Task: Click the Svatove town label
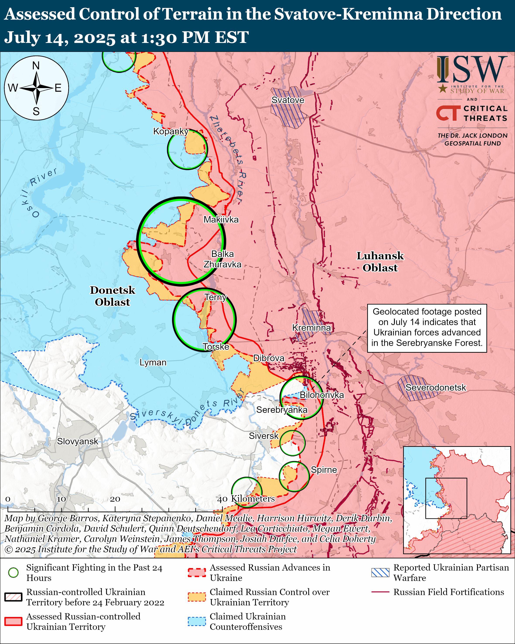pos(288,100)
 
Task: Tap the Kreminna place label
pos(311,328)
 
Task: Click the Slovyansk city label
pos(77,441)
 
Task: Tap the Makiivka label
pos(221,220)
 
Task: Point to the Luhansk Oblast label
pos(380,262)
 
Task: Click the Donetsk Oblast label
pos(112,296)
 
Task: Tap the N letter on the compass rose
pos(36,65)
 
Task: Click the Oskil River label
pos(39,191)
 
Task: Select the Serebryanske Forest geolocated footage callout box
pos(427,328)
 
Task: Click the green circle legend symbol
pos(14,572)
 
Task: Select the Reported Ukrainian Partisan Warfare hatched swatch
pos(380,572)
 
